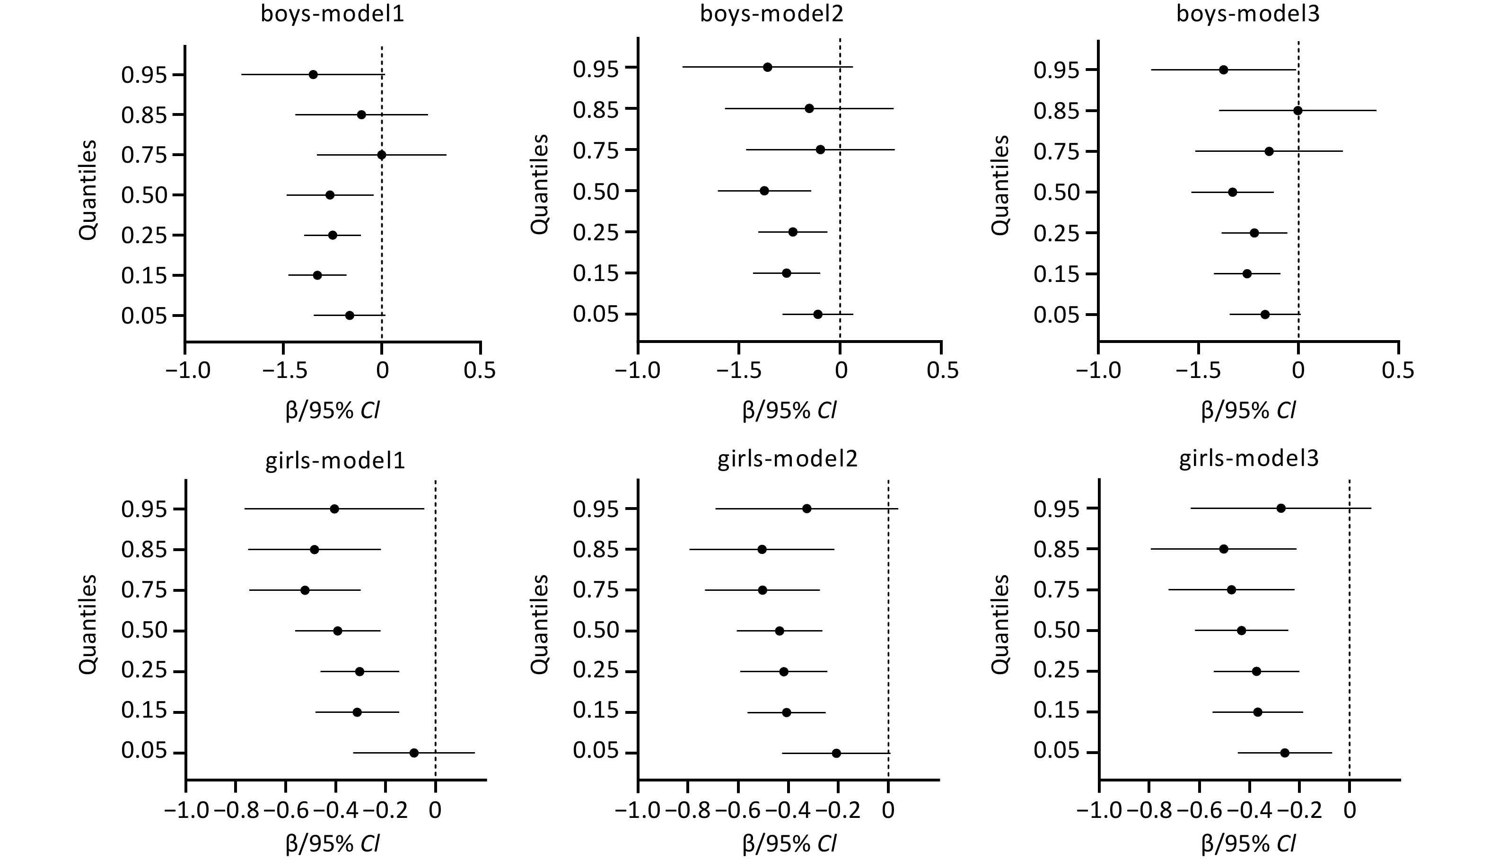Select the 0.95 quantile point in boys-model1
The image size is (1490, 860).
tap(313, 74)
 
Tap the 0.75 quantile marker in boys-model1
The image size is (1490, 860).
tap(382, 155)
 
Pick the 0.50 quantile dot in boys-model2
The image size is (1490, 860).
tap(764, 191)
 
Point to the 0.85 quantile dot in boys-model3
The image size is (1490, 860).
tap(1297, 110)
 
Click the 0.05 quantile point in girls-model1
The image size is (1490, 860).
tap(414, 753)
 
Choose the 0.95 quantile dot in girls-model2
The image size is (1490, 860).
tap(806, 509)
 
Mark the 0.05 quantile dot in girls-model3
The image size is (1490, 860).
tap(1285, 753)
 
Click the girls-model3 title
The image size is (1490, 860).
tap(1248, 458)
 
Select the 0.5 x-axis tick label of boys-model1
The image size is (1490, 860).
tap(480, 370)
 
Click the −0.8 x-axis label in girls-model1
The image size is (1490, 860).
tap(236, 810)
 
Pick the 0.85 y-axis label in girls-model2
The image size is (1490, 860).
tap(596, 550)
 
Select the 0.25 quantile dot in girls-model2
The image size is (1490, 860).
tap(784, 672)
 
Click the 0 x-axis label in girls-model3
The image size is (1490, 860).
tap(1350, 810)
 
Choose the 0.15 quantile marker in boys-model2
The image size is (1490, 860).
tap(786, 273)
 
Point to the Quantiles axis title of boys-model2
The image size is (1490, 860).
tap(540, 184)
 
